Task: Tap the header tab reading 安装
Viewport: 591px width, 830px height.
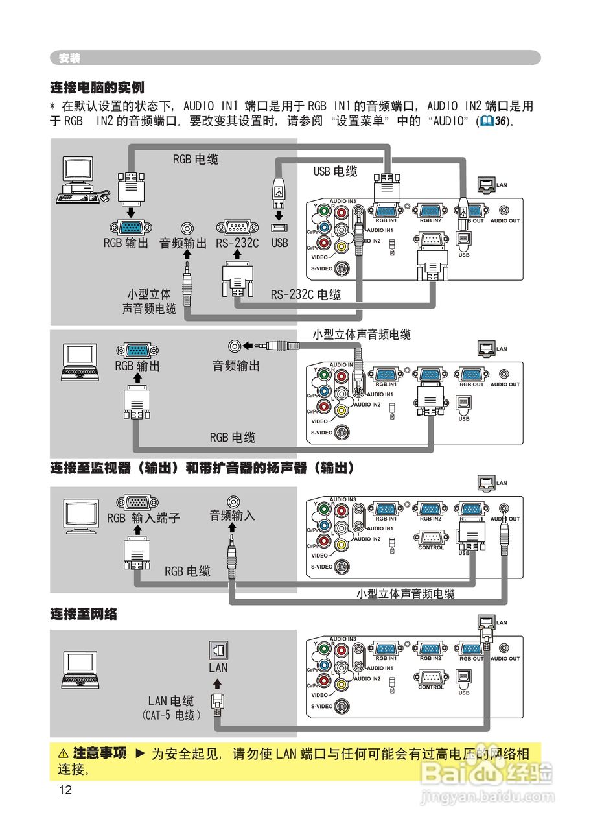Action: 69,58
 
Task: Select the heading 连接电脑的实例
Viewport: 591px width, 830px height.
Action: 97,88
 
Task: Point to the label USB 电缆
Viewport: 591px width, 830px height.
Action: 335,171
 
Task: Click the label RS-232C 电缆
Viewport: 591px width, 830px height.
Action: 306,294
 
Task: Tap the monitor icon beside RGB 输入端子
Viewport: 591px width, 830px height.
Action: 82,516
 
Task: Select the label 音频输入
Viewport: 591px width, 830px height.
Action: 232,516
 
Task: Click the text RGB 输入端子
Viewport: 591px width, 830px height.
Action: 143,518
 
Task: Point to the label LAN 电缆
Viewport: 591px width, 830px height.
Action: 171,700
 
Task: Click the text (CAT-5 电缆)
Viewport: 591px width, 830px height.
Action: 171,715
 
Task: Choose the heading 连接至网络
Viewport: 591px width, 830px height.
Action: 84,613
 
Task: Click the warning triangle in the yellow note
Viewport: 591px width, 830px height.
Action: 63,753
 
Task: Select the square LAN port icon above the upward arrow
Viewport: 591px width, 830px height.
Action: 218,649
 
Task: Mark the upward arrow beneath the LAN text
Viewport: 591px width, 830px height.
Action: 218,683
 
